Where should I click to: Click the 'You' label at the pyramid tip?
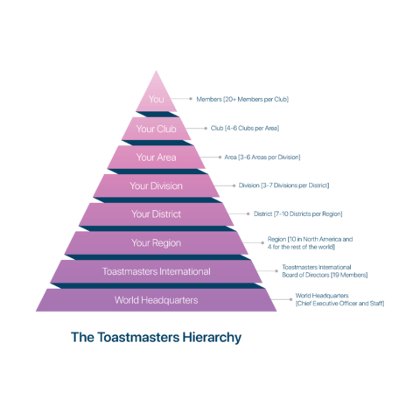point(156,99)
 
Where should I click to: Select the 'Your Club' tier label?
point(156,129)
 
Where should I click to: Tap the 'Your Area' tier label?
point(156,157)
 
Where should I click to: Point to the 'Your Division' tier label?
point(156,185)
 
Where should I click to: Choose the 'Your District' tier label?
point(156,214)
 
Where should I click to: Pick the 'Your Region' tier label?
point(156,243)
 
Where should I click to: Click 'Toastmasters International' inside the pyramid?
point(156,271)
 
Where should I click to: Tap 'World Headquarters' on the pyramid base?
point(156,300)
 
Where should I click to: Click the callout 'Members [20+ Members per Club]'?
point(242,99)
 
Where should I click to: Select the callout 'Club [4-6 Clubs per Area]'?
point(245,128)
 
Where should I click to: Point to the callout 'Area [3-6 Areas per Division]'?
point(262,157)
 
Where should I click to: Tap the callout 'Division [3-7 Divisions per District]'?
point(283,185)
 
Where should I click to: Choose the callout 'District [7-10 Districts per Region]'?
point(297,213)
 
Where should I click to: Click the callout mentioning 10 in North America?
point(310,243)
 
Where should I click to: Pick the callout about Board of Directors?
point(325,271)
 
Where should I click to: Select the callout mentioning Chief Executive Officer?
point(339,299)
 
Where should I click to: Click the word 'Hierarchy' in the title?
point(212,338)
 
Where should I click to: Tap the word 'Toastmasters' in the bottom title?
point(138,337)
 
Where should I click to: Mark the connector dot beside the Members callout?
point(191,99)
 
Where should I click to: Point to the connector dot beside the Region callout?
point(262,242)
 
